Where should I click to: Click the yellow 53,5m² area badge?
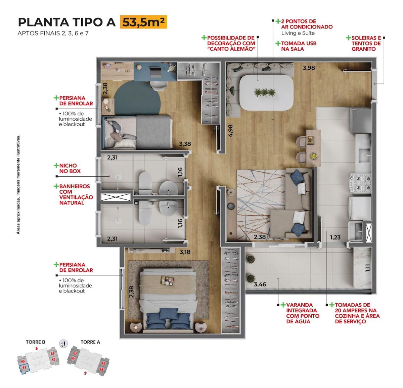[x=143, y=22]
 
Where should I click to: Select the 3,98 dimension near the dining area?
[x=309, y=68]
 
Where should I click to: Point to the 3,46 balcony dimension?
[x=260, y=284]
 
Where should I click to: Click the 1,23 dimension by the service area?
[x=335, y=237]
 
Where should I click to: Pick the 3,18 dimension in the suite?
[x=185, y=252]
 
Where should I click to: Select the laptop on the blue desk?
[x=155, y=72]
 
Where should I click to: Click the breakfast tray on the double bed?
[x=167, y=281]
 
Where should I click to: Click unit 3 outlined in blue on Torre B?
[x=24, y=368]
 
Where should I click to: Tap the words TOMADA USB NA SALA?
[x=299, y=46]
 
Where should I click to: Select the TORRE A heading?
[x=90, y=342]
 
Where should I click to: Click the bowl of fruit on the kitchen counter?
[x=314, y=156]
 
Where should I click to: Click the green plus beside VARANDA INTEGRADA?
[x=283, y=305]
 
